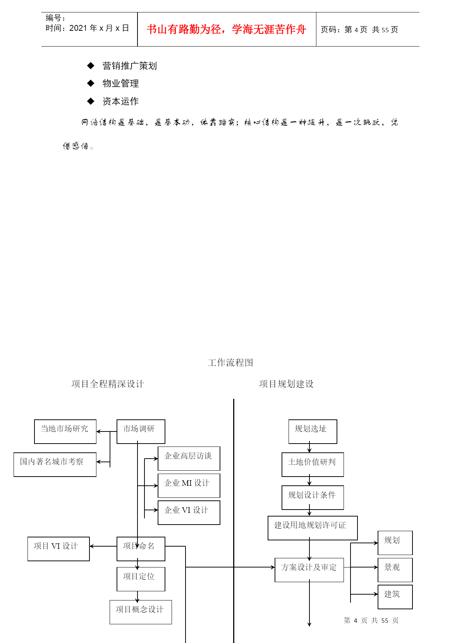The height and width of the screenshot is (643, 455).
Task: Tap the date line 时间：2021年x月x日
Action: pos(87,28)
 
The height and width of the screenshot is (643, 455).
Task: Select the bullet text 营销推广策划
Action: pos(130,66)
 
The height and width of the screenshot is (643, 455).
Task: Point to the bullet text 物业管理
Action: pos(121,83)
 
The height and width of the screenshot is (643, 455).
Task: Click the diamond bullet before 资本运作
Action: pos(91,101)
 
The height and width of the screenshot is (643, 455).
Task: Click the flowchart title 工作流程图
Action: pos(231,363)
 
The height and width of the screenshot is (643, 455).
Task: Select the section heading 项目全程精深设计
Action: pos(108,384)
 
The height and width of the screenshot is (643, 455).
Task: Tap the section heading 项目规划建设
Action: pos(286,384)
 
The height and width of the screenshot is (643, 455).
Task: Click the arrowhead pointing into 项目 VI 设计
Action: pos(92,546)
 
